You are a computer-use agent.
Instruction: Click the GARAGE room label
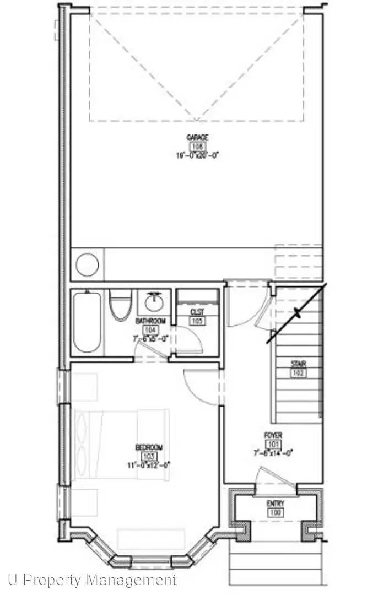pos(197,138)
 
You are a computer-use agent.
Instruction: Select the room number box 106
pos(197,147)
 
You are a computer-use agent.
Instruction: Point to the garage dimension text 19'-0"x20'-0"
pos(197,155)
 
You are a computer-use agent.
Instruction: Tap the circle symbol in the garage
pos(87,264)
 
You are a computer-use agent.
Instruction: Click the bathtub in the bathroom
pos(87,322)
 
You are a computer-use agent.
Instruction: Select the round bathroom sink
pos(151,302)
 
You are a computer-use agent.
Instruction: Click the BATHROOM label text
pos(150,321)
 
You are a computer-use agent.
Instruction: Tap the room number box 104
pos(150,330)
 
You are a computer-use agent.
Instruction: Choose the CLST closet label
pos(197,312)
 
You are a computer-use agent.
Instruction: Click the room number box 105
pos(197,321)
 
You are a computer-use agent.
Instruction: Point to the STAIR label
pos(299,364)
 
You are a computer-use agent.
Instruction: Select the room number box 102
pos(299,373)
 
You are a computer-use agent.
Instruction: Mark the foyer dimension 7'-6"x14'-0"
pos(274,453)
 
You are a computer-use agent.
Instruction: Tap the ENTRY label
pos(276,504)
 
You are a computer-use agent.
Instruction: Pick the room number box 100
pos(276,513)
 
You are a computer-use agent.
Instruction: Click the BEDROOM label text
pos(149,447)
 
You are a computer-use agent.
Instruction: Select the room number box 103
pos(149,456)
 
